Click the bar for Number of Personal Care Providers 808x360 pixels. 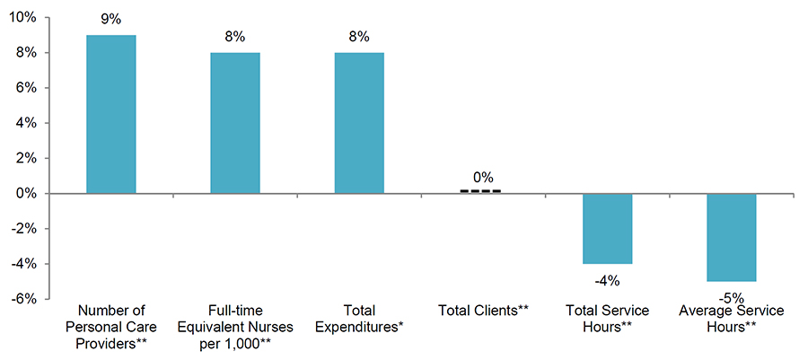(x=110, y=114)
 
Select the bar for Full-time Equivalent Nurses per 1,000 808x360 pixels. (x=234, y=123)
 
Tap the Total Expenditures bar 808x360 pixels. (x=359, y=123)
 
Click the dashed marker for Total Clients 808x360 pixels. (x=480, y=191)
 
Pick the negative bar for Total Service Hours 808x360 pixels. (x=607, y=228)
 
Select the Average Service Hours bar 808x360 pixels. (x=732, y=237)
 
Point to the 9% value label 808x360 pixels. (x=110, y=17)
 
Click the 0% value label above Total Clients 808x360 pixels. (x=483, y=177)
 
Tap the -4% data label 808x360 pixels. (x=607, y=280)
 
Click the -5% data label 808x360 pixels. (x=732, y=296)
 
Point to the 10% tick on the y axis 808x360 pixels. (x=24, y=18)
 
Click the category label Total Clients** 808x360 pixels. (x=483, y=311)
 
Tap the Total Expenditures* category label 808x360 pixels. (x=359, y=319)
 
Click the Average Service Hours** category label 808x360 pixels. (x=732, y=319)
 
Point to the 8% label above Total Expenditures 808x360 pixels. (x=359, y=36)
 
